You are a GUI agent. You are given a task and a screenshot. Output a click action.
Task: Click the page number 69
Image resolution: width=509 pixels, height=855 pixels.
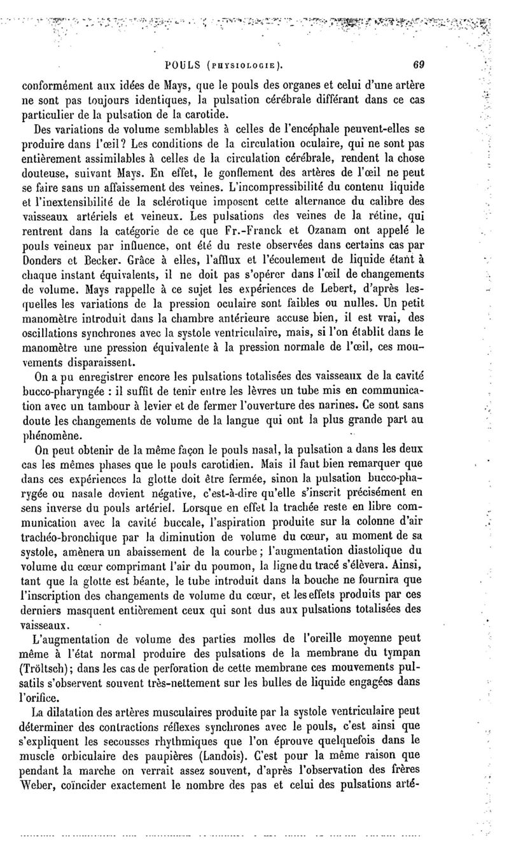click(418, 64)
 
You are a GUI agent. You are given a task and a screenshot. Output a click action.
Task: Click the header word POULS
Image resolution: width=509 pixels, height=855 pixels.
click(183, 64)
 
